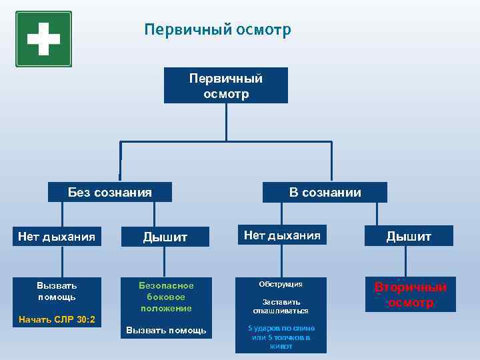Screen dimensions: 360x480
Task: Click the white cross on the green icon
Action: click(43, 39)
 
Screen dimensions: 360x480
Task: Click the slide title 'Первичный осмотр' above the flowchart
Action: click(217, 30)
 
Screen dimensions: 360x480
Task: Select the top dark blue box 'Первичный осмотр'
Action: click(226, 86)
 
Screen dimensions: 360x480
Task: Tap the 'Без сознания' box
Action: click(110, 193)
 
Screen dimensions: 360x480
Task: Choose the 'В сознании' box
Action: click(325, 193)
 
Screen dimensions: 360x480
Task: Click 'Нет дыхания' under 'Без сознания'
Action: click(57, 236)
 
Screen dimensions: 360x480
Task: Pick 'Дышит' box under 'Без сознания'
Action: click(166, 237)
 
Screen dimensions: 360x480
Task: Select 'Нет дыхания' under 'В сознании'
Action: click(281, 235)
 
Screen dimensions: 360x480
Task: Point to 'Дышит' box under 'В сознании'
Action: click(409, 236)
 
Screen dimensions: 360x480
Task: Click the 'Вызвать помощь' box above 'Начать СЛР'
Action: click(57, 291)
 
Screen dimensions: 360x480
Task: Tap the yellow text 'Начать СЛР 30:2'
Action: click(57, 320)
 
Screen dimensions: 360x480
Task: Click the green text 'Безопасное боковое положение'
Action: click(166, 296)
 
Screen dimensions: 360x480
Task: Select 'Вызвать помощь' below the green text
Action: click(166, 331)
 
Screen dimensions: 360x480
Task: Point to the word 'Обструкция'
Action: click(281, 285)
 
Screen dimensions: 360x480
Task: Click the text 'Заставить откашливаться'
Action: click(281, 306)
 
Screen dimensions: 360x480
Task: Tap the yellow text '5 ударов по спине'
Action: click(281, 329)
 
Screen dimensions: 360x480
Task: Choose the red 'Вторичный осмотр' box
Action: click(410, 295)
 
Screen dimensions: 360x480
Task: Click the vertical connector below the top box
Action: click(226, 122)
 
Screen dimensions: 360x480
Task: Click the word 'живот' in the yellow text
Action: click(281, 347)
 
